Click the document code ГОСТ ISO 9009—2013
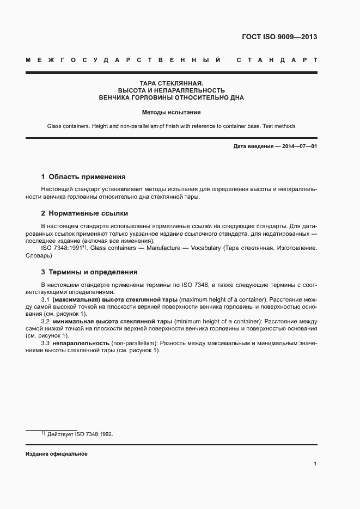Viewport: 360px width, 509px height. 279,38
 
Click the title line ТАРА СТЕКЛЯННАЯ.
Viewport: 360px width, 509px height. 172,83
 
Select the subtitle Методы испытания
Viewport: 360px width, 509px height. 172,113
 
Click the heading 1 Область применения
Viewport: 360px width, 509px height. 83,177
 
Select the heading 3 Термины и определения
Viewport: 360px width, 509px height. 89,272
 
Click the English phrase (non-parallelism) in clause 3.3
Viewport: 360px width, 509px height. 133,344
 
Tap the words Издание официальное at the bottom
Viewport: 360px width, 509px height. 57,454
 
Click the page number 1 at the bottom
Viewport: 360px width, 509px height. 315,464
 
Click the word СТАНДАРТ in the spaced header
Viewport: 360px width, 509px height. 277,59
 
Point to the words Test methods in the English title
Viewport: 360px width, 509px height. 279,126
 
